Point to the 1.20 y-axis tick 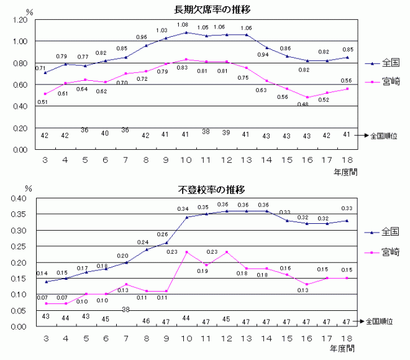19,20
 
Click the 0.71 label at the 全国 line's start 41,68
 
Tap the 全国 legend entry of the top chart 391,63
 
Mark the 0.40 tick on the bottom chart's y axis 19,198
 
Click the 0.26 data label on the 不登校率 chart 162,234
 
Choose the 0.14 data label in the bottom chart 42,274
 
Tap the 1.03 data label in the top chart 162,30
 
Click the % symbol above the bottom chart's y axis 27,187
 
